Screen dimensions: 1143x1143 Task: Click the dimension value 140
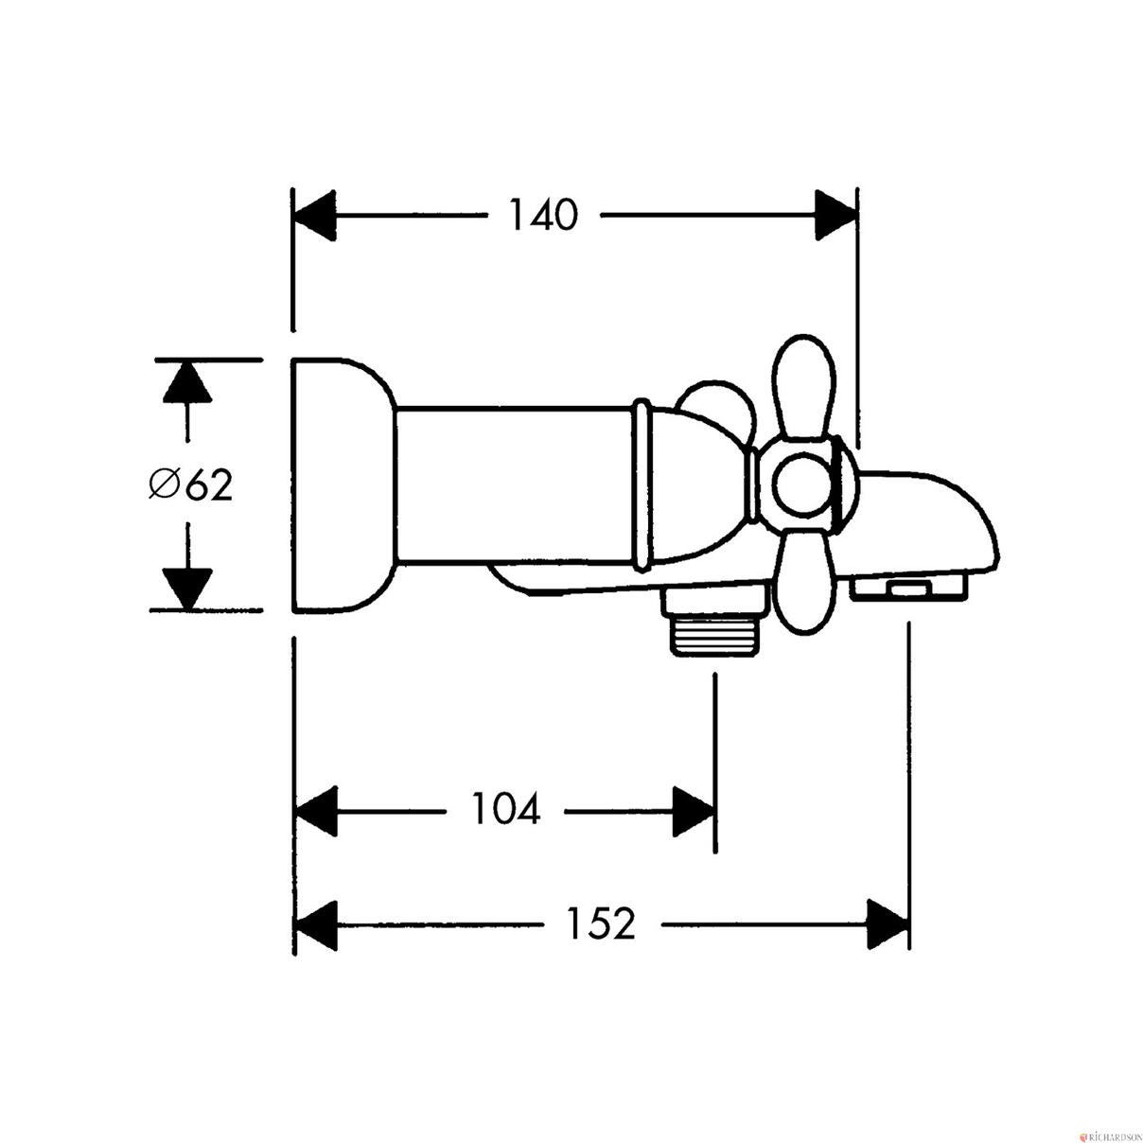pyautogui.click(x=543, y=215)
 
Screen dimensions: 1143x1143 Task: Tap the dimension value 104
pyautogui.click(x=505, y=809)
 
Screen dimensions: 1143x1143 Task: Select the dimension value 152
pyautogui.click(x=602, y=923)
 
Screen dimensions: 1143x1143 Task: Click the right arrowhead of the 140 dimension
pyautogui.click(x=835, y=216)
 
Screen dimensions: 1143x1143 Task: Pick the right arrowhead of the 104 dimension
pyautogui.click(x=693, y=812)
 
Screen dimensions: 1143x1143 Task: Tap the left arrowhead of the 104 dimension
pyautogui.click(x=316, y=812)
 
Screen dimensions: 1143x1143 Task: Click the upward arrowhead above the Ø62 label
pyautogui.click(x=187, y=382)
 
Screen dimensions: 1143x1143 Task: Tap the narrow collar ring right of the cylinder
pyautogui.click(x=642, y=485)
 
